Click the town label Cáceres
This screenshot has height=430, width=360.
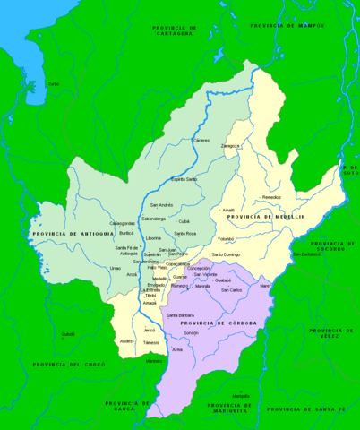[x=201, y=141]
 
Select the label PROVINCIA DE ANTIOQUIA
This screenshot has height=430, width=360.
[x=66, y=234]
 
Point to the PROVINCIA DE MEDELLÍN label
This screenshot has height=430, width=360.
[x=266, y=217]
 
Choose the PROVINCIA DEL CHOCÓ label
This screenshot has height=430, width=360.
[x=69, y=364]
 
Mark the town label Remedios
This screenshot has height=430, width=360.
[x=271, y=197]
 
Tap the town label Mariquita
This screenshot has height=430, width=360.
[x=240, y=395]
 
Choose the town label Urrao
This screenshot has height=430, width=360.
[x=115, y=268]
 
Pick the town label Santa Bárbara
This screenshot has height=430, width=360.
[x=180, y=315]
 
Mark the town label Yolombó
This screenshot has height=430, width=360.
[x=227, y=239]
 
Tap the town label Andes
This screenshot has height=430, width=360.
[x=126, y=341]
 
